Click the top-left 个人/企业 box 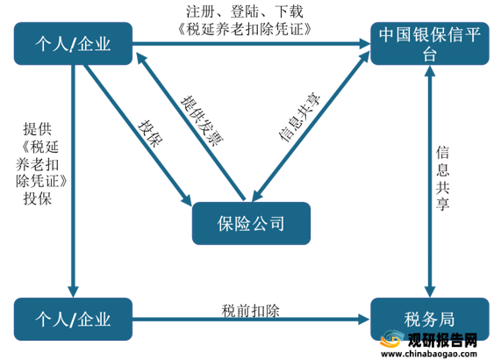(73, 44)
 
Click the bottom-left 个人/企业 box (73, 319)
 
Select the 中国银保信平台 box (430, 44)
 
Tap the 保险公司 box (251, 223)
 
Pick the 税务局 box (430, 319)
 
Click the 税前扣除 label (251, 311)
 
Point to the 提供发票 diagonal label (202, 120)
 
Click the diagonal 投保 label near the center (151, 133)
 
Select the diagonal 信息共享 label (299, 118)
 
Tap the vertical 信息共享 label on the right (443, 177)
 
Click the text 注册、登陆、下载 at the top (245, 11)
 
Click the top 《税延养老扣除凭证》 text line (245, 29)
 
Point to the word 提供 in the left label (38, 129)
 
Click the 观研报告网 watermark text (442, 340)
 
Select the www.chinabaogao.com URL (429, 354)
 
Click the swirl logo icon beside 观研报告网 (392, 339)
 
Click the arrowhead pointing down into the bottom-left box (73, 292)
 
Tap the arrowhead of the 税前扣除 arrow (364, 319)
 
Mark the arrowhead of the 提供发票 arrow (141, 59)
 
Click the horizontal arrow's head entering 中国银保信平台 (364, 44)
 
